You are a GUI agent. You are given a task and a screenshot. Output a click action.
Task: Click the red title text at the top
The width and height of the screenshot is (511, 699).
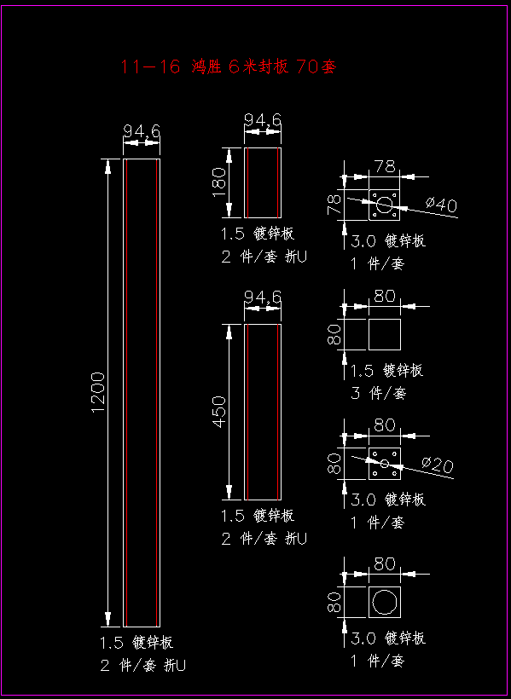click(x=228, y=66)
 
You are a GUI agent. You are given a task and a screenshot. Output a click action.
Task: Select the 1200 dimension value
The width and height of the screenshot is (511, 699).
click(x=98, y=392)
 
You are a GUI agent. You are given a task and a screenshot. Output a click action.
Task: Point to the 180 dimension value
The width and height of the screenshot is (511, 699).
click(x=219, y=182)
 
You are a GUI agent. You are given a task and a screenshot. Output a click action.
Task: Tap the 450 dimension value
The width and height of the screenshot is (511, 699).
click(x=219, y=412)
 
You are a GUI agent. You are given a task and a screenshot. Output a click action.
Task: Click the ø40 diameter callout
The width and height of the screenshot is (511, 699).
click(x=441, y=205)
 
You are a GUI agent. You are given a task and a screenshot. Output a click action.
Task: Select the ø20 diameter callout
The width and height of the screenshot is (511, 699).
click(x=438, y=465)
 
